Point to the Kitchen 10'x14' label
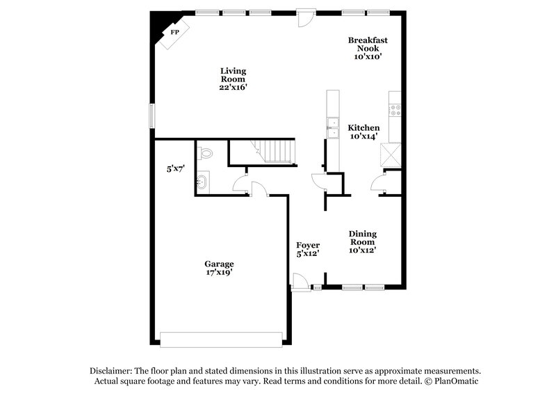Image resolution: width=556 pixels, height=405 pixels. click(x=364, y=132)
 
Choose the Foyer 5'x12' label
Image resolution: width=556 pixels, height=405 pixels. click(x=307, y=250)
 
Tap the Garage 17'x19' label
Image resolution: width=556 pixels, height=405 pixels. click(x=219, y=268)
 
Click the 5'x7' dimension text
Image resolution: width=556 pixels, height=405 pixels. click(x=176, y=168)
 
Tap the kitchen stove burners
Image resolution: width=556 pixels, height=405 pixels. click(x=395, y=109)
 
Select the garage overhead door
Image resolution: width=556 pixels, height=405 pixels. click(x=221, y=339)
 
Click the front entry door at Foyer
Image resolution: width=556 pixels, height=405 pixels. click(x=299, y=282)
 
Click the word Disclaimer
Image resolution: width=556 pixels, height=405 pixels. click(x=111, y=371)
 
